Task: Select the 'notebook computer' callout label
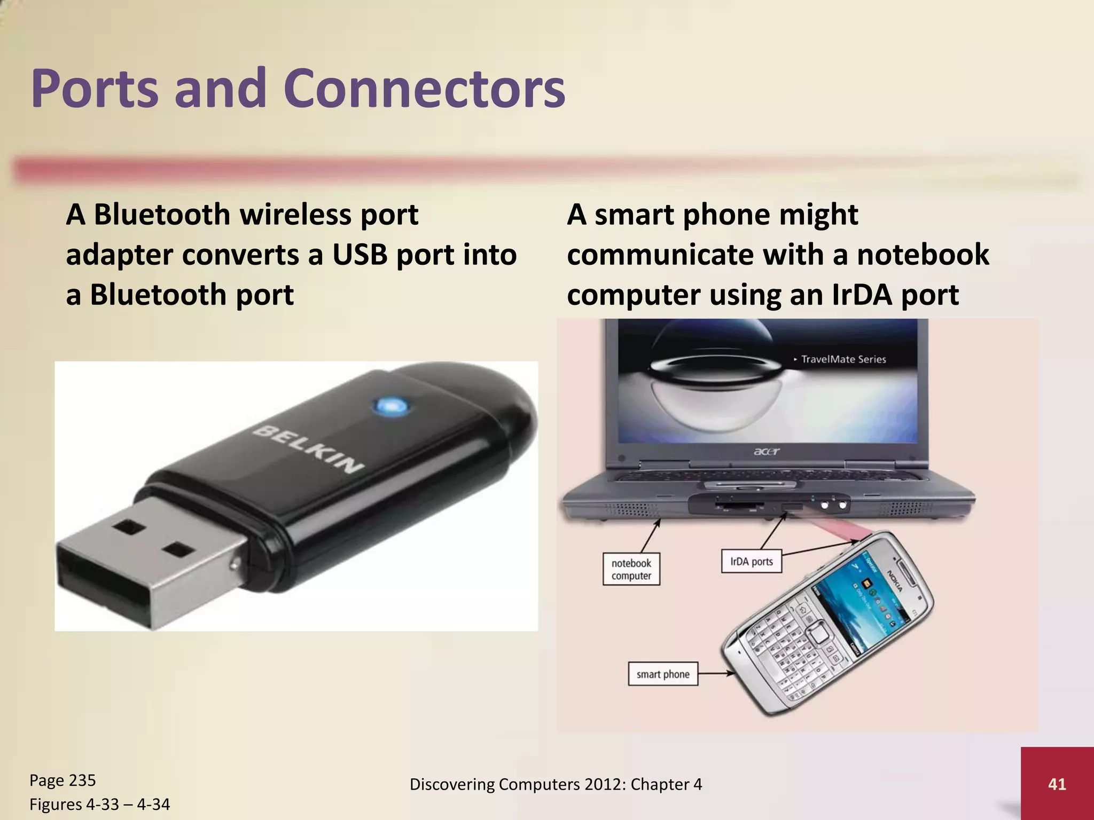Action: (631, 569)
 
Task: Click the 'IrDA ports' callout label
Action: (751, 562)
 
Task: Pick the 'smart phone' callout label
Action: (662, 674)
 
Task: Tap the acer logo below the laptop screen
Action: (767, 452)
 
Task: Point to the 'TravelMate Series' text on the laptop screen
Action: (843, 359)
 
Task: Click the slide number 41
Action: (1057, 784)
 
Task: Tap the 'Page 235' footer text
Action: (62, 780)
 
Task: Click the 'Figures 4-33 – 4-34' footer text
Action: (99, 804)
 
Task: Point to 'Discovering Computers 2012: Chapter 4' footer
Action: (556, 784)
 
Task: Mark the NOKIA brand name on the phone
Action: (895, 580)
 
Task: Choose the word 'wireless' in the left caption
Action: (295, 215)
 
